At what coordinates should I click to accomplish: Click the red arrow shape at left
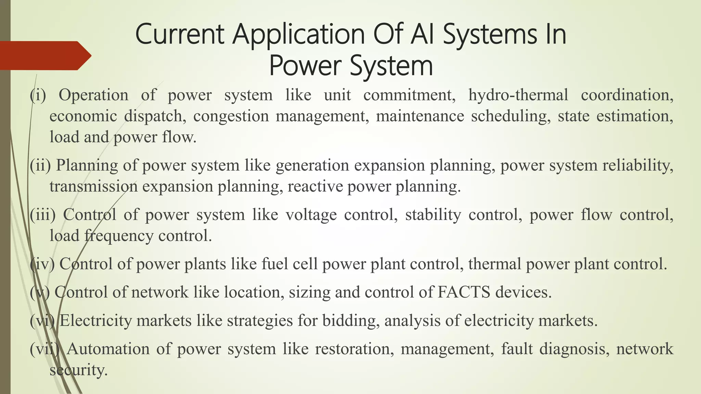point(44,55)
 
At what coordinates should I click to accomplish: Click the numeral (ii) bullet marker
point(40,166)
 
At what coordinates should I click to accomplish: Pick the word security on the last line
point(78,370)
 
